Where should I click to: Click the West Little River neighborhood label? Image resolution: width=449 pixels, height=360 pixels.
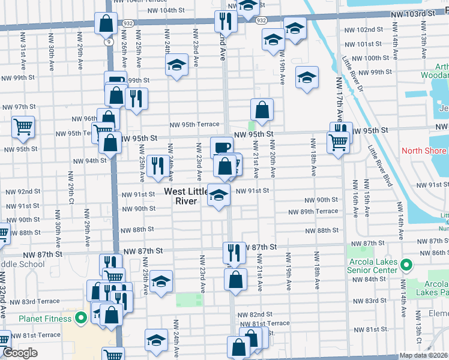[187, 196]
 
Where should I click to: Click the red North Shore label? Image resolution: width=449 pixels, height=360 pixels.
[424, 151]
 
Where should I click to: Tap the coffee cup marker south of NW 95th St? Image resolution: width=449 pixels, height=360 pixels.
[221, 147]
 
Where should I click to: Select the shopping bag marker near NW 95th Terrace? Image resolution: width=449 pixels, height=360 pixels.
[262, 110]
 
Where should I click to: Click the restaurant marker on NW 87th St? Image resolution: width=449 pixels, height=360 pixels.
[233, 252]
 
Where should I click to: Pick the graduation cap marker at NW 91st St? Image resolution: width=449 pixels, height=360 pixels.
[218, 195]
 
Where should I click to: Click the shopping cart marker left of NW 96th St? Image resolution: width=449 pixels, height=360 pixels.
[23, 127]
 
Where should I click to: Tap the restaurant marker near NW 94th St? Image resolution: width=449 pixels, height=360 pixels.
[157, 165]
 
